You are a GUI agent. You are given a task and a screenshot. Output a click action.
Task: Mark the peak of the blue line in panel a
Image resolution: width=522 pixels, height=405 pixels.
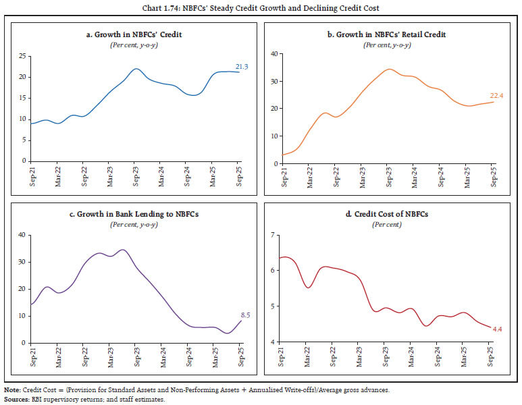136,69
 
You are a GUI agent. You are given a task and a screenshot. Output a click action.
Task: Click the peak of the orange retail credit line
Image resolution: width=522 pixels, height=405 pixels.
388,69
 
